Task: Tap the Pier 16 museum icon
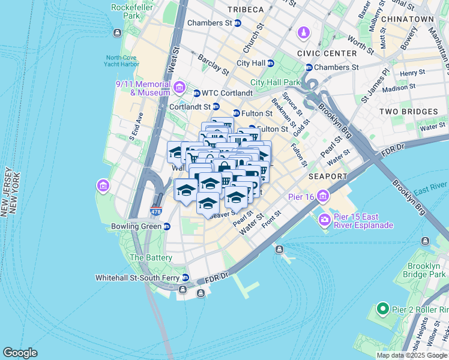[324, 196]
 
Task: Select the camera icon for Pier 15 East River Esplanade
[325, 220]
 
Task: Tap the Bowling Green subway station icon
[167, 226]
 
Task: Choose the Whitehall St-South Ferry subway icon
[185, 278]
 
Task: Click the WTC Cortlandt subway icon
[196, 93]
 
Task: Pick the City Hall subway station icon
[271, 63]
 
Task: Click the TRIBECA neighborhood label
[246, 10]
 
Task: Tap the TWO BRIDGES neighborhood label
[408, 112]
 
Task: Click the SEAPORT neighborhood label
[328, 177]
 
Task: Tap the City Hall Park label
[274, 82]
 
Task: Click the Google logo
[20, 353]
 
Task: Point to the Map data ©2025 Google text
[411, 355]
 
